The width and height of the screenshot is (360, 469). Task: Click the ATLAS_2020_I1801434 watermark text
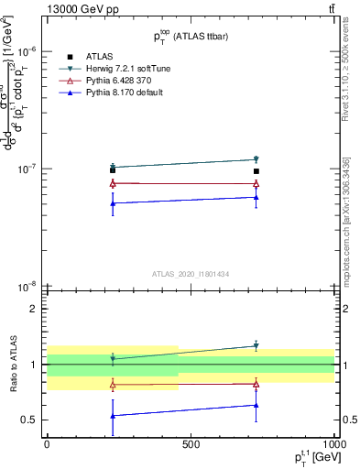tap(190, 274)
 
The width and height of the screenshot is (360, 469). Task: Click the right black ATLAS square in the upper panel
tap(256, 171)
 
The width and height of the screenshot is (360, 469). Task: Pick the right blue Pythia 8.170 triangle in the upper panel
tap(256, 197)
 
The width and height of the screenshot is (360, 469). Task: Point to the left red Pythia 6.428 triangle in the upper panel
tap(113, 183)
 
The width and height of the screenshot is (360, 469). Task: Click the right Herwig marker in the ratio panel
tap(256, 346)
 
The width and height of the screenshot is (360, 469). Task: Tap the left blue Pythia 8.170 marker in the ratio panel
tap(113, 416)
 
